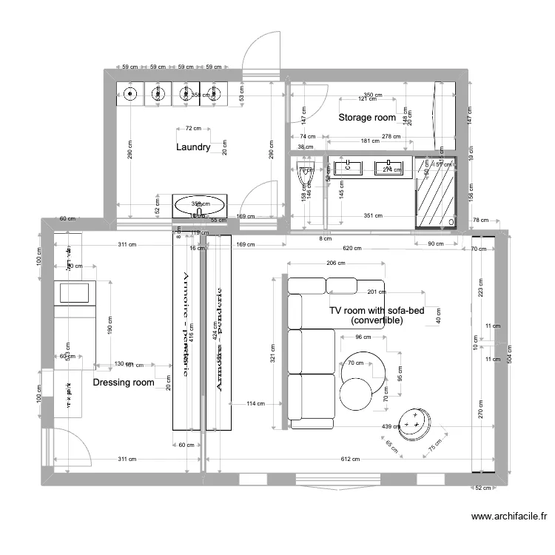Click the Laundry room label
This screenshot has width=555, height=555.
193,147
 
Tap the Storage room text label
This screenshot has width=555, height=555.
367,117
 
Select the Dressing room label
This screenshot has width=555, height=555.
123,383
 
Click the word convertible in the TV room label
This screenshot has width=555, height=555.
377,321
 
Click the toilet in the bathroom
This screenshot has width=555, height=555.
302,176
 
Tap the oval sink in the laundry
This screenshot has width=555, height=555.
201,205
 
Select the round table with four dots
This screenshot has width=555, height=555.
414,423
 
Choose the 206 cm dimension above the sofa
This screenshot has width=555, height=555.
337,263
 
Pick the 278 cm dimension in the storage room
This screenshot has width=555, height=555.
391,137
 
